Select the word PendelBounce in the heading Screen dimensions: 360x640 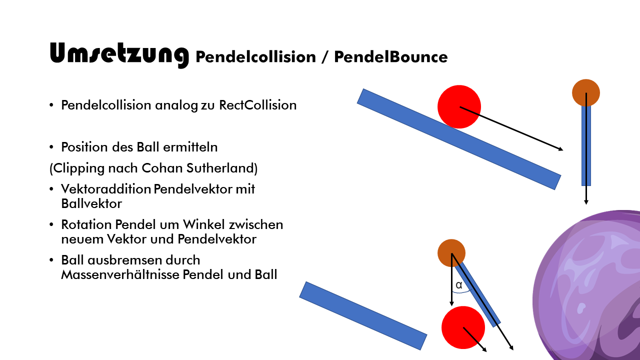click(390, 57)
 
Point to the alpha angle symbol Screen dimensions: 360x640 click(459, 285)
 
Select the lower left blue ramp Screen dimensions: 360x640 click(363, 316)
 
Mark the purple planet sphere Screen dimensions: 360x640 click(590, 290)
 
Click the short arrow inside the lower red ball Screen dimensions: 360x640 click(474, 339)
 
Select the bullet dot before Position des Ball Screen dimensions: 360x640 click(51, 148)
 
